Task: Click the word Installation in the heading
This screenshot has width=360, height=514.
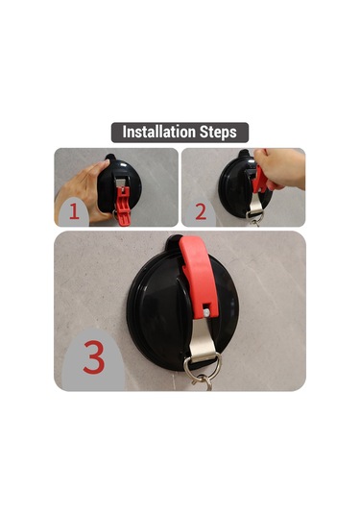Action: (158, 132)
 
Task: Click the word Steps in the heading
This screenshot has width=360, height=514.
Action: (218, 133)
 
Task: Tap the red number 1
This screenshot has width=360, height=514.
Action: (74, 211)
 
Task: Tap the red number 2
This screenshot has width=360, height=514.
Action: (201, 211)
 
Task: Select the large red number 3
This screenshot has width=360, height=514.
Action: (94, 357)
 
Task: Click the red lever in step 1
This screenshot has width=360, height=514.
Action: (123, 206)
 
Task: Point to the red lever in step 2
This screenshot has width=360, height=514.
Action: (260, 181)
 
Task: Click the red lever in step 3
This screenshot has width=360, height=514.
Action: (199, 276)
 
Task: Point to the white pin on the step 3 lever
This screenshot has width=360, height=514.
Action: (206, 313)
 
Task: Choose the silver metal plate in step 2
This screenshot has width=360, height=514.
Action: (256, 203)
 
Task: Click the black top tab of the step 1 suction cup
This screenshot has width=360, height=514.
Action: (110, 158)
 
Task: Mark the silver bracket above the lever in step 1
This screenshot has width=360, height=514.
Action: (122, 183)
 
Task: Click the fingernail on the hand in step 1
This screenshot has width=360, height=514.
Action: (106, 162)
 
